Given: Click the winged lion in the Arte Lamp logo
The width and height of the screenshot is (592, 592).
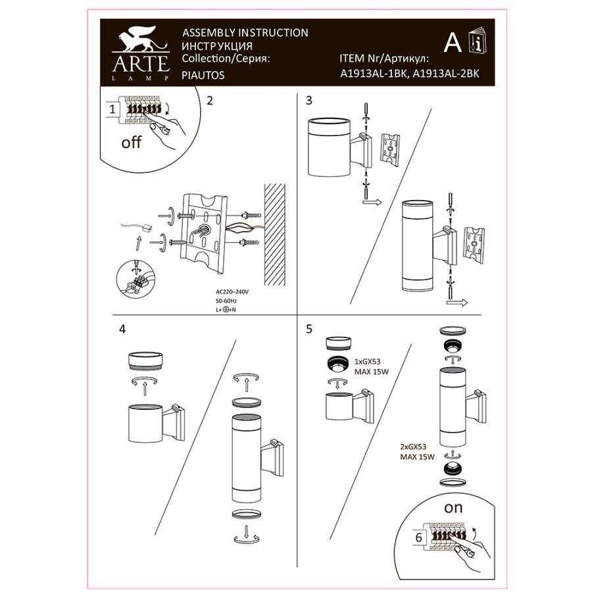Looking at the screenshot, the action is (141, 39).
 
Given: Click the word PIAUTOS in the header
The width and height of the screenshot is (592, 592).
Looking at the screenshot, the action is (203, 75).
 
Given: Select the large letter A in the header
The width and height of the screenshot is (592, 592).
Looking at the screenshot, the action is (453, 43).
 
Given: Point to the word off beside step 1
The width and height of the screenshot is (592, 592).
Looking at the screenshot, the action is (131, 142).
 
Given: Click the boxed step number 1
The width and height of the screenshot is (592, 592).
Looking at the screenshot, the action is (112, 109).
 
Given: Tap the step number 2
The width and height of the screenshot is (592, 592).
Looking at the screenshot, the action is (210, 101).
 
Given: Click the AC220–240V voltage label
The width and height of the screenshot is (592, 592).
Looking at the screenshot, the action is (232, 292).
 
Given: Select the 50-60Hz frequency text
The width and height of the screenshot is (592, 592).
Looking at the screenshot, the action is (226, 301).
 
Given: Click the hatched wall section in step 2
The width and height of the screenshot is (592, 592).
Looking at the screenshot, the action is (274, 234).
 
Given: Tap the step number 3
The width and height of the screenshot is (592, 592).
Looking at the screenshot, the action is (309, 101).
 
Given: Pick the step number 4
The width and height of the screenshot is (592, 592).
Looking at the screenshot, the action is (122, 330).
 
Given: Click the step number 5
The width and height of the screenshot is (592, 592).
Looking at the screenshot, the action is (309, 330).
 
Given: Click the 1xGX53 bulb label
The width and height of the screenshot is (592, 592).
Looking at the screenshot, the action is (367, 361).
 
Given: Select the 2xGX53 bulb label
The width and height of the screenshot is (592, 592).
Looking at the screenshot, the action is (413, 447).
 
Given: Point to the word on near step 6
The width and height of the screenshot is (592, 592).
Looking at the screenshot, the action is (453, 508).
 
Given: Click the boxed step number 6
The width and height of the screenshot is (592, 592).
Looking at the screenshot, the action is (419, 537).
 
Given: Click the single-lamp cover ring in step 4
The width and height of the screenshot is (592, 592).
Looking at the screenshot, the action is (145, 361).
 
